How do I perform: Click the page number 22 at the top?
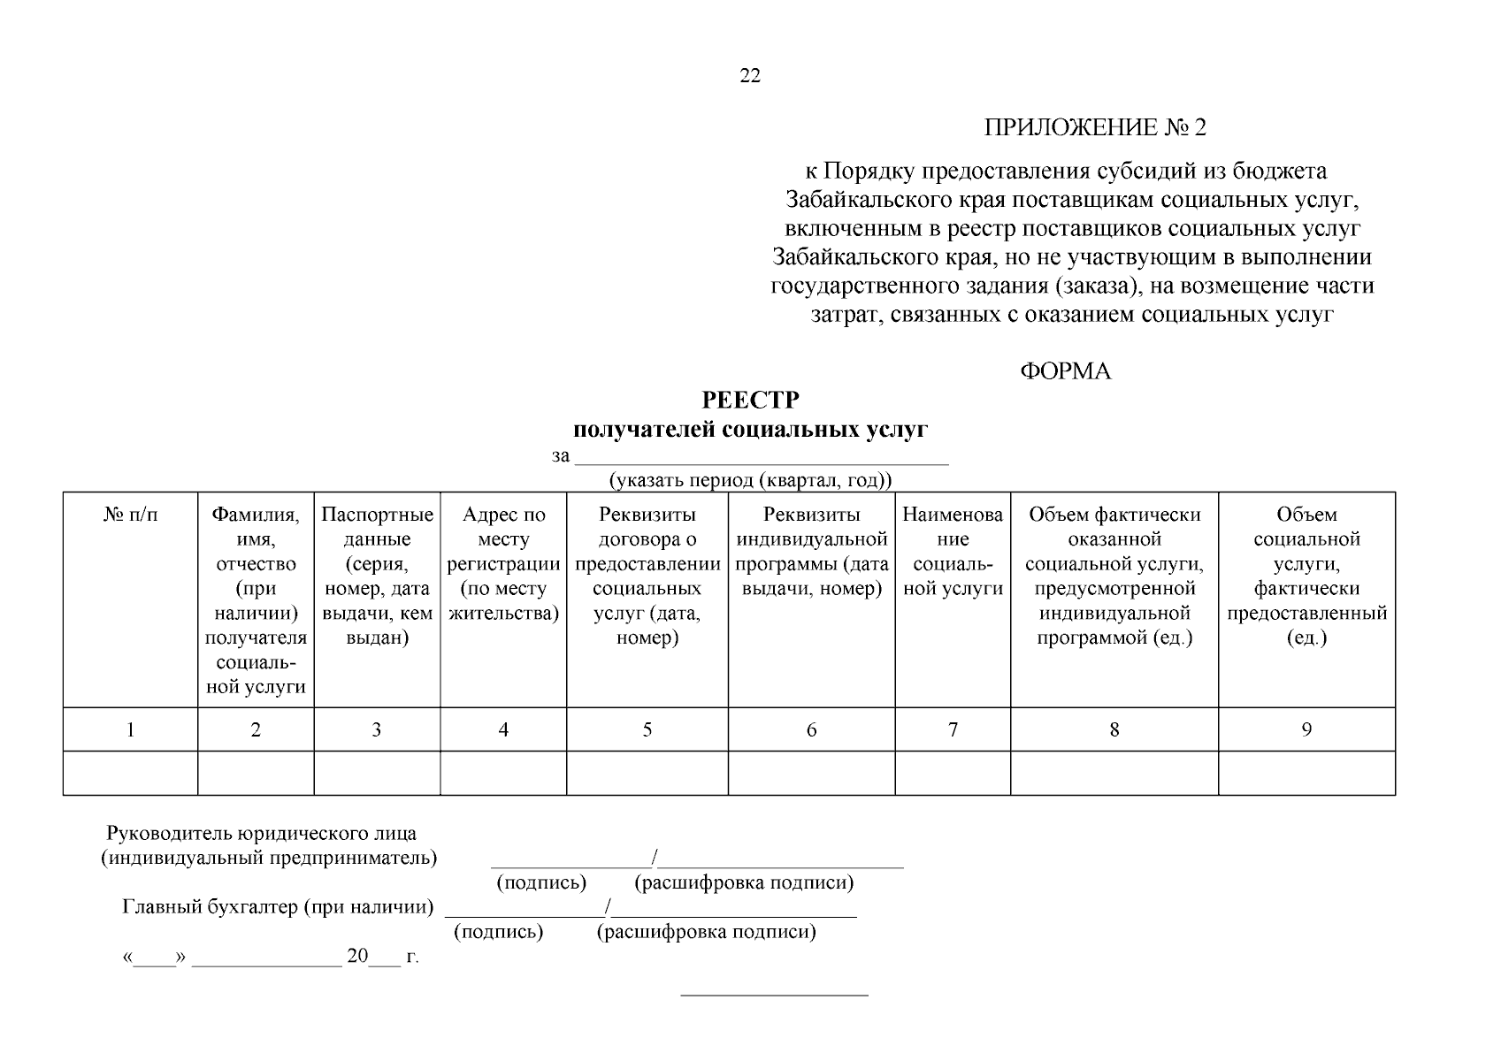point(749,76)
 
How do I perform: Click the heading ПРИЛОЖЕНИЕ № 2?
point(1095,128)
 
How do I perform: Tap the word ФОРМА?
point(1065,371)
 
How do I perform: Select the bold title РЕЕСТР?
point(750,401)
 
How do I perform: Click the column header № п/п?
point(131,515)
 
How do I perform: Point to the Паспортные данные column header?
point(377,576)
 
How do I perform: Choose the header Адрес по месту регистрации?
point(503,563)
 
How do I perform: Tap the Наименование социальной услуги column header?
point(953,552)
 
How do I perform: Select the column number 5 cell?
point(647,729)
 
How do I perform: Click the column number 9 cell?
point(1306,729)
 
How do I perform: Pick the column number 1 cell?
point(131,729)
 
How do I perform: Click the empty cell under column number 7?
point(953,773)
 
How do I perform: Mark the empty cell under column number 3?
point(377,773)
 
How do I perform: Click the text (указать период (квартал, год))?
point(750,480)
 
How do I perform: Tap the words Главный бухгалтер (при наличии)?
point(278,907)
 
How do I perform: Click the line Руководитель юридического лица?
point(261,833)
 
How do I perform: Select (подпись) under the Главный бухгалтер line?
point(498,932)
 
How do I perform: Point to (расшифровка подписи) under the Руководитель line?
point(743,882)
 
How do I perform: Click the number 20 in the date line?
point(356,956)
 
